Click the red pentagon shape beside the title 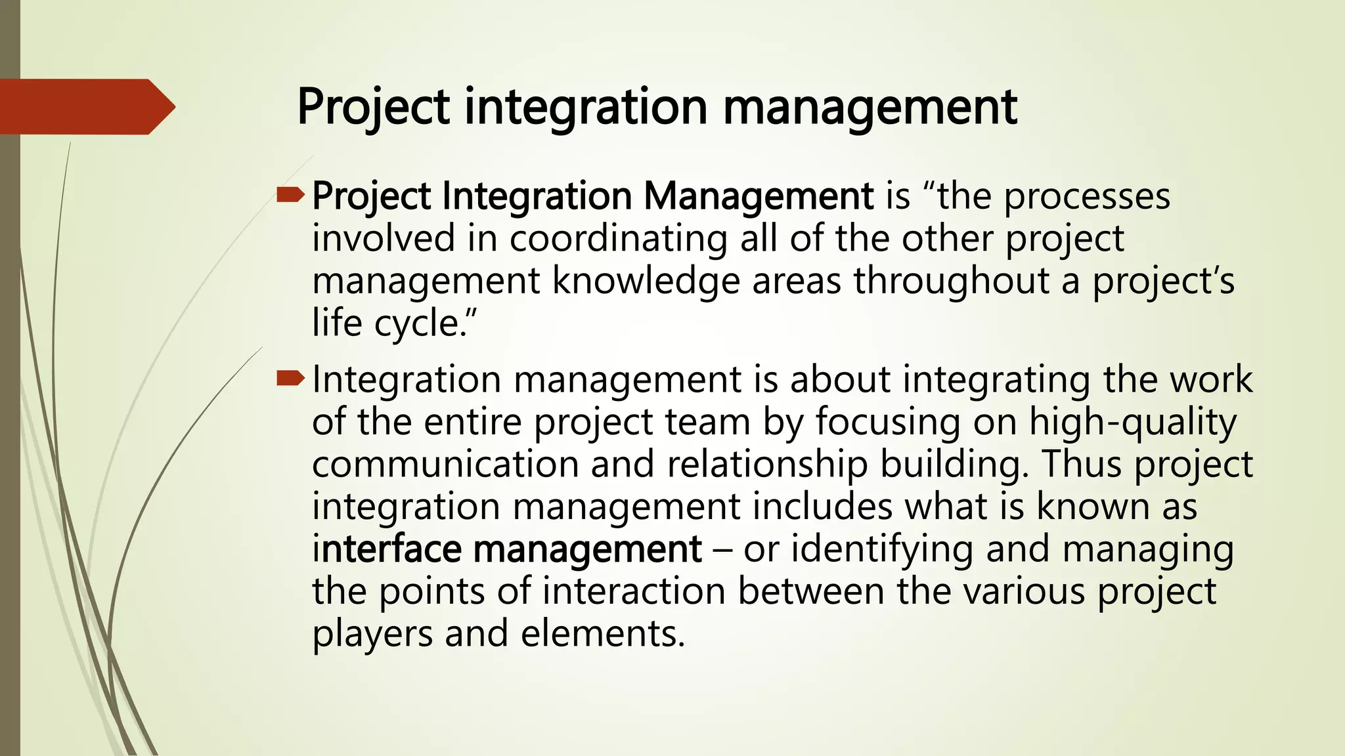coord(85,107)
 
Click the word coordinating coord(618,238)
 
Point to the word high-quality coord(1132,422)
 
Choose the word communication coord(445,464)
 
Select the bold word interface coord(387,549)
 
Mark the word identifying coord(881,549)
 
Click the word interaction coord(634,591)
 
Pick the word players coord(372,634)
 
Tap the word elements coord(603,634)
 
